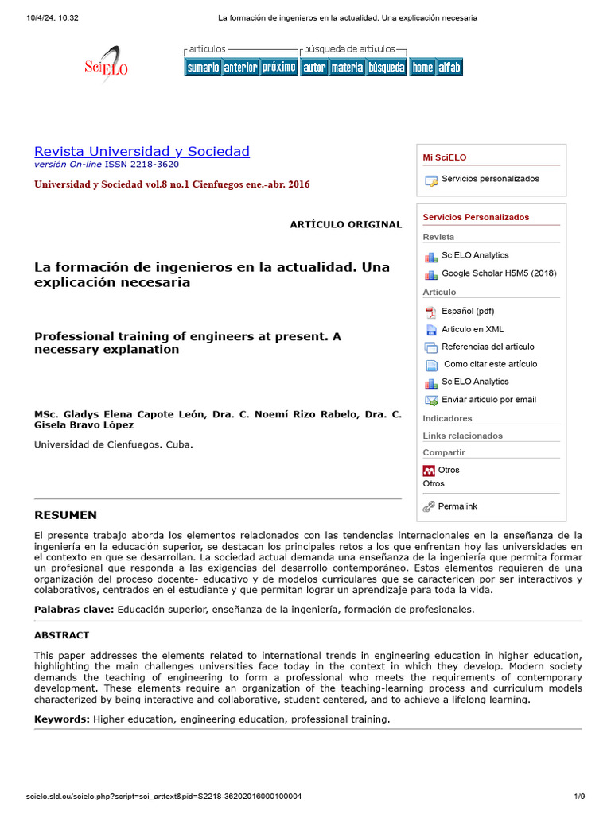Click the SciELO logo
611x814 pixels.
pos(106,64)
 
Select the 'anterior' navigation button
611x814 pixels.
pos(240,68)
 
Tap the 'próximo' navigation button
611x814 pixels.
pos(278,68)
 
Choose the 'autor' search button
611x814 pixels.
pos(314,68)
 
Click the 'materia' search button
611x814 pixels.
pos(347,68)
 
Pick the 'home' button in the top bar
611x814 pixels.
pos(422,68)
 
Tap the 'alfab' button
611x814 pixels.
pos(449,68)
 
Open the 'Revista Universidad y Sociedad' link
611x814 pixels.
pos(142,151)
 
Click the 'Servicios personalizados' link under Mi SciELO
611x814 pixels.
pos(490,179)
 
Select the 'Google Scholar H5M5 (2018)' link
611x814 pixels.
pos(499,273)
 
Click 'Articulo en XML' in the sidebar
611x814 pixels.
pos(473,329)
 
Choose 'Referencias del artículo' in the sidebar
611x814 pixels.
pos(488,347)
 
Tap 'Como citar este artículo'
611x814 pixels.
pos(490,364)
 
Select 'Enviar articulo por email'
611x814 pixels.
pos(488,400)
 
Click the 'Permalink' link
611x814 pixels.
pos(457,506)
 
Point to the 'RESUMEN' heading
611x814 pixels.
pos(65,515)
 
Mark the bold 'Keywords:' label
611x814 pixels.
pos(61,719)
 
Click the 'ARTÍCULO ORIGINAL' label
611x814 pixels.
pos(346,224)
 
